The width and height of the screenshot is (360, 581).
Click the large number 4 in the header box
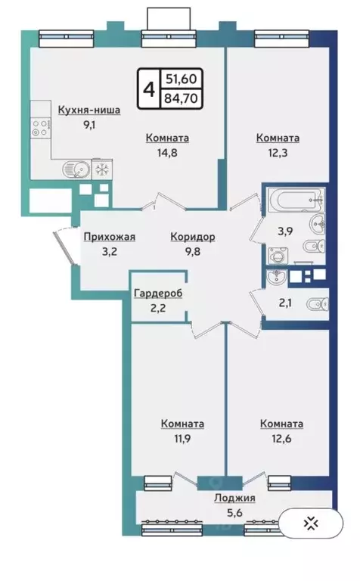tap(148, 89)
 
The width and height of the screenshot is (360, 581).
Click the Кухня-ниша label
tap(89, 110)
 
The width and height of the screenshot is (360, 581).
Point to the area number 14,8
tap(167, 151)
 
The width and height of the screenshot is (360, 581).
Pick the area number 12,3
tap(278, 151)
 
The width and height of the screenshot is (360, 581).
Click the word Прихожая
tap(110, 237)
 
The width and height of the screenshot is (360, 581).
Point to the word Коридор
tap(193, 237)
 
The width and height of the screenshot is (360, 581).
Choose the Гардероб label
tap(158, 294)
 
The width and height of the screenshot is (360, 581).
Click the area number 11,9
tap(182, 437)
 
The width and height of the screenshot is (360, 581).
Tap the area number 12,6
tap(281, 437)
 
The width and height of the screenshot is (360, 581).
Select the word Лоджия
tap(234, 498)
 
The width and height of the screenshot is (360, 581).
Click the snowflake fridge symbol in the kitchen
tap(101, 166)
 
